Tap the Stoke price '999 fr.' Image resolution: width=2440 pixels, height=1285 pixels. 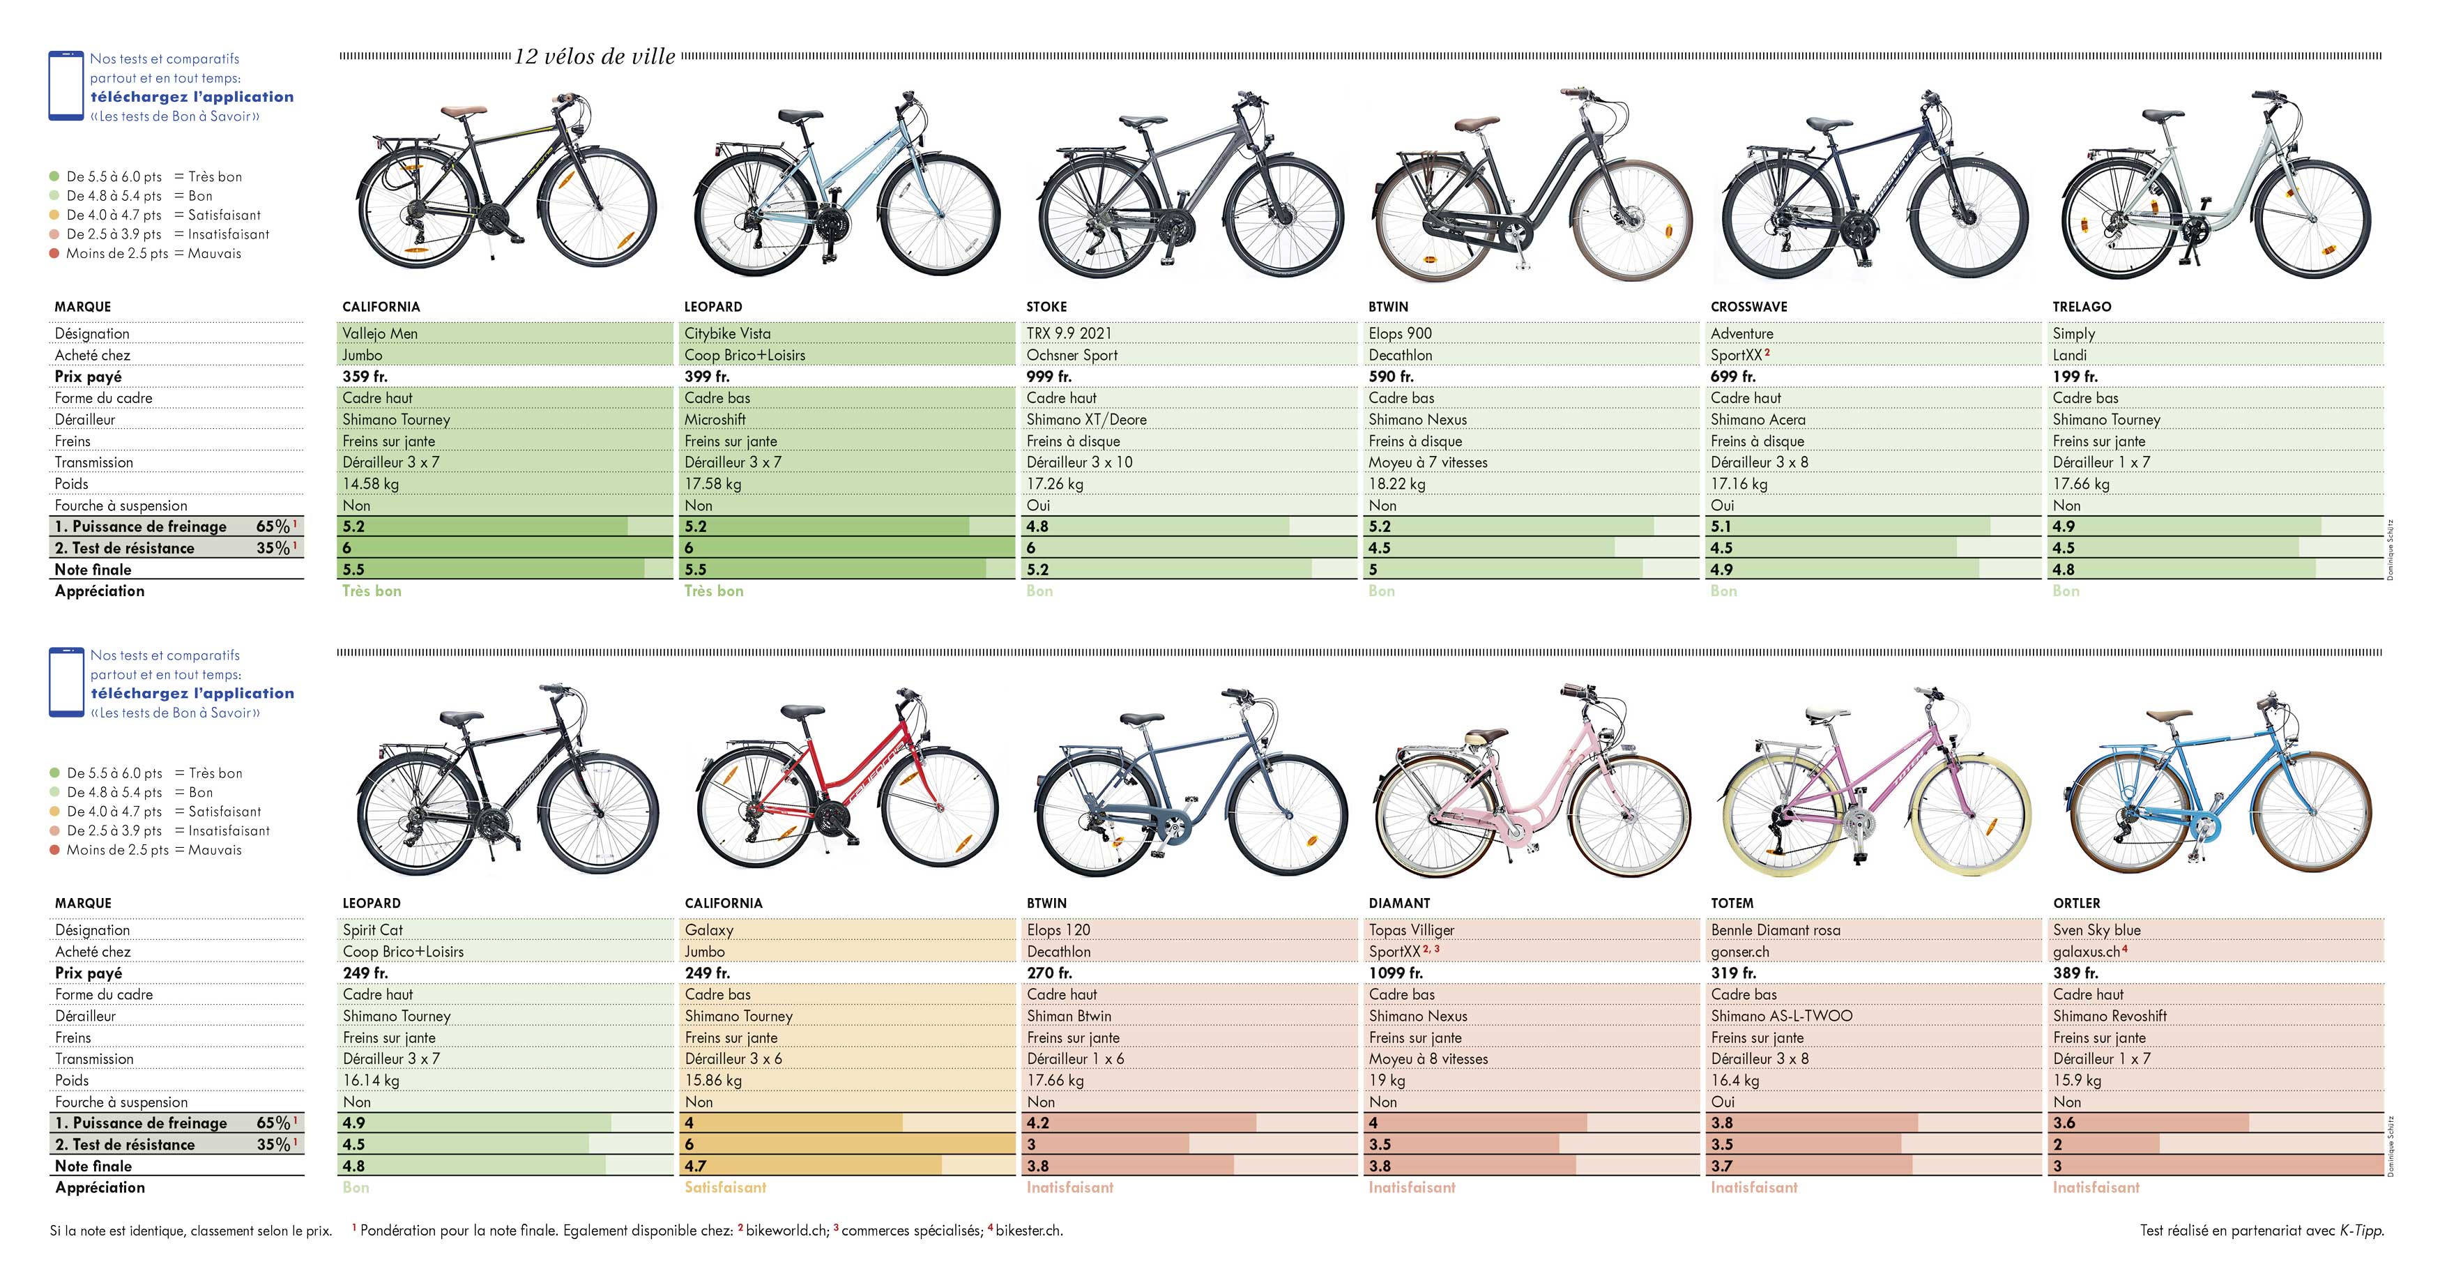1053,377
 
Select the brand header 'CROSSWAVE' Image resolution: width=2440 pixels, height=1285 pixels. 1748,307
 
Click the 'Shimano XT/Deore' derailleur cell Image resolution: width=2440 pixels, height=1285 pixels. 1086,420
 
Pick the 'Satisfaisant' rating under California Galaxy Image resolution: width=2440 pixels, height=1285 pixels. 726,1187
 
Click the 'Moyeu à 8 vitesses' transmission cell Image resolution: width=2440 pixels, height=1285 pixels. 1428,1058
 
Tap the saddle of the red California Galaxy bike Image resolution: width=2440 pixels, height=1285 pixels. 803,710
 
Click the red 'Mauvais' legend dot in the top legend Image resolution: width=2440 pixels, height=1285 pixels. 55,254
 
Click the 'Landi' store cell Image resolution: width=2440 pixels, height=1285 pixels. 2070,356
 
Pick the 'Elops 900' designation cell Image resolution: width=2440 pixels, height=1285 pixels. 1400,333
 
